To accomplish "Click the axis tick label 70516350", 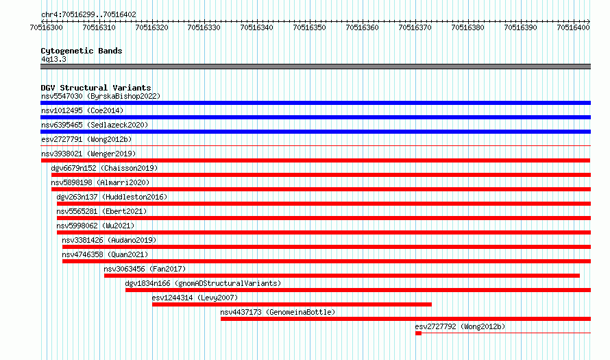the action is point(309,27).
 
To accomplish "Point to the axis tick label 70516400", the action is point(573,27).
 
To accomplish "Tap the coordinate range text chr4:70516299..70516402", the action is point(88,15).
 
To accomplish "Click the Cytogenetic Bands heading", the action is point(82,51).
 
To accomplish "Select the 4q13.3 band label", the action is point(53,59).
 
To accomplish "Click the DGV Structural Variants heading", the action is point(96,88).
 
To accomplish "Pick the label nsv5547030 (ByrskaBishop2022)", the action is point(101,96).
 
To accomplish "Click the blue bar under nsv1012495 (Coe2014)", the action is point(315,117).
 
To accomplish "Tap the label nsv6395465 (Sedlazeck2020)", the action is point(95,125).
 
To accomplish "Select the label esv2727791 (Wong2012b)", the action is point(86,139).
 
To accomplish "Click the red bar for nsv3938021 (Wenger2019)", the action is point(315,160).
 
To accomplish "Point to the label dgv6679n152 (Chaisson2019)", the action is point(104,168).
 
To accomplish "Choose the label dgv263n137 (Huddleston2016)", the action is point(112,197).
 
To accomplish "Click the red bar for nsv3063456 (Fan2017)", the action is point(342,276).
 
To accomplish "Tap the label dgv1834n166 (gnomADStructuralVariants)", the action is point(203,283).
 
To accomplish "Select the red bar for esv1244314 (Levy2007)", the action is point(292,304).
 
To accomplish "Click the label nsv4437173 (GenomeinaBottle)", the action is point(278,312).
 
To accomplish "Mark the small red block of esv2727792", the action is point(418,333).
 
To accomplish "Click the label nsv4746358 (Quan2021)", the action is point(105,254).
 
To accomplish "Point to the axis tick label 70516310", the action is point(99,27).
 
